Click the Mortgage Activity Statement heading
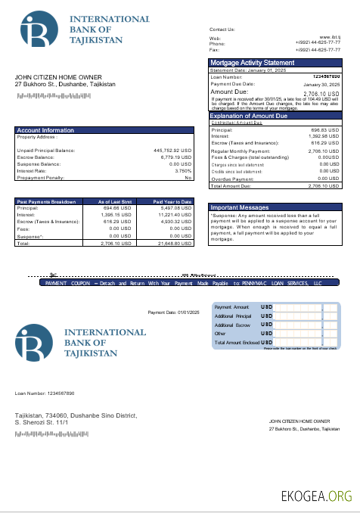[253, 63]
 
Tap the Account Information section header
[46, 130]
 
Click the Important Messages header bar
[240, 207]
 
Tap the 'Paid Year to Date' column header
[173, 202]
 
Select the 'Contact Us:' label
[222, 29]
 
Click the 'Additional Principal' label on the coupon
[233, 316]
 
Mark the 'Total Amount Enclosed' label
[237, 343]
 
